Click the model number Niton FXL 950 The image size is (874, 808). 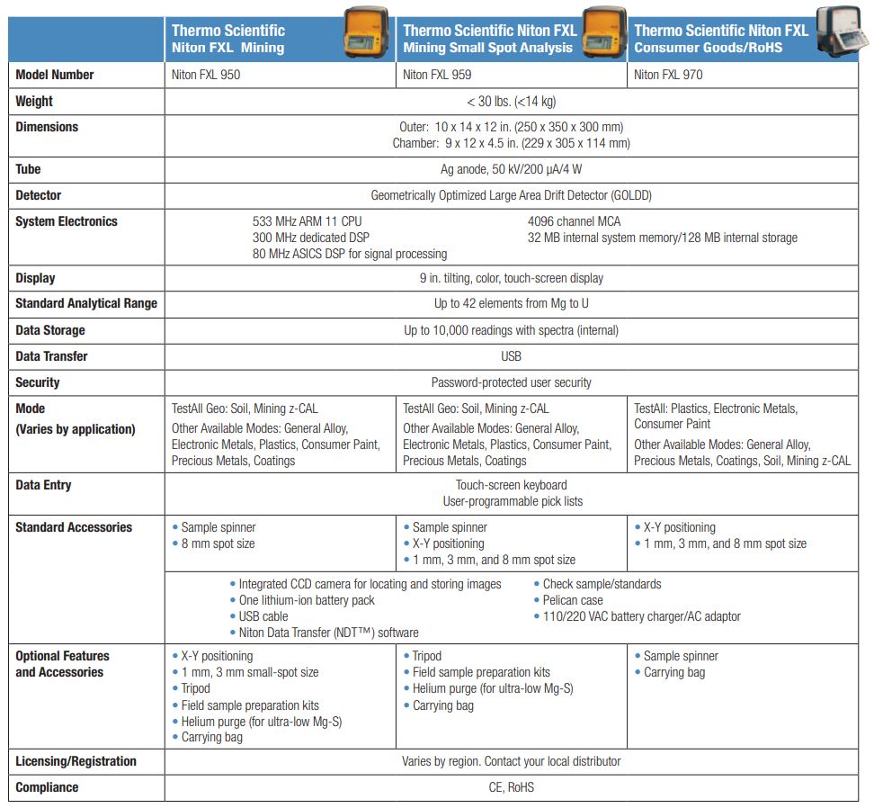click(x=206, y=75)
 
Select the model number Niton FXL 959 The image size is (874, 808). click(x=437, y=75)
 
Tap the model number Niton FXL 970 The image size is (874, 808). click(x=668, y=75)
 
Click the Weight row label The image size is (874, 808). click(x=34, y=101)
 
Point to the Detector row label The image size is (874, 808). click(x=39, y=195)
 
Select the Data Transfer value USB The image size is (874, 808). click(x=511, y=356)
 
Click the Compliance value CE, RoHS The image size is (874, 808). click(x=511, y=787)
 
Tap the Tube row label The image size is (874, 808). click(x=28, y=169)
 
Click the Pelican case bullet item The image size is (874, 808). click(x=573, y=600)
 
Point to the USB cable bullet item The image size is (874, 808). click(x=263, y=616)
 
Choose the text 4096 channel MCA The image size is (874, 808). click(x=574, y=221)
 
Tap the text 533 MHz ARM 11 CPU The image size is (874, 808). click(x=308, y=221)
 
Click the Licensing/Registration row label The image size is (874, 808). click(x=76, y=761)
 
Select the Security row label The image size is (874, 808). click(x=39, y=382)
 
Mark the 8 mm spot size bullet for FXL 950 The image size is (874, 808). click(x=218, y=544)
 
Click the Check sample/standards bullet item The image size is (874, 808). click(x=602, y=584)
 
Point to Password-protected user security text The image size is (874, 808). click(x=511, y=382)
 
